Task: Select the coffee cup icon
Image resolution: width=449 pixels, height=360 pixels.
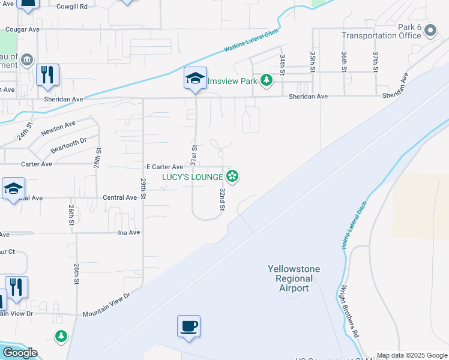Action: pyautogui.click(x=188, y=326)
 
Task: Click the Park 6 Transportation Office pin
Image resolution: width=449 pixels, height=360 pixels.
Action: pyautogui.click(x=430, y=31)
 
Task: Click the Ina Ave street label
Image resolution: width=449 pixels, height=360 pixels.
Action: pyautogui.click(x=128, y=232)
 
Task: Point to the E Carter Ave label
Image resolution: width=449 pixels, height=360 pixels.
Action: pyautogui.click(x=164, y=167)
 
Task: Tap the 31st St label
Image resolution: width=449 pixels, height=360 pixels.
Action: pyautogui.click(x=194, y=155)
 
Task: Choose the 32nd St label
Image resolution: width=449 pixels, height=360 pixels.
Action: pyautogui.click(x=222, y=199)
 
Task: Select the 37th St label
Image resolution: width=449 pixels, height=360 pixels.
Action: pyautogui.click(x=375, y=62)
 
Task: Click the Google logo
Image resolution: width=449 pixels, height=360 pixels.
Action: pyautogui.click(x=20, y=353)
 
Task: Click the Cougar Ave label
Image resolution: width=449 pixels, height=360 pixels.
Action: pyautogui.click(x=22, y=29)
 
